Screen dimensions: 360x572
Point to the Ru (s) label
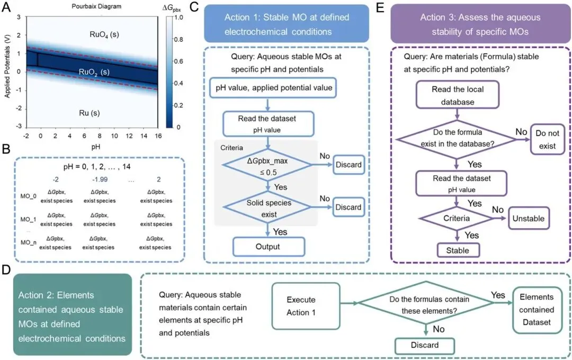coord(90,113)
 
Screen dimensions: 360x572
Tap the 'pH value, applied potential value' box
coord(274,88)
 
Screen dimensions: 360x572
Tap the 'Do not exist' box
coord(547,138)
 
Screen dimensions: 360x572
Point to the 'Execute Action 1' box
coord(305,305)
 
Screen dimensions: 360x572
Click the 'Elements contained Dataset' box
coord(537,309)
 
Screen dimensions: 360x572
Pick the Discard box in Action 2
coord(425,345)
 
